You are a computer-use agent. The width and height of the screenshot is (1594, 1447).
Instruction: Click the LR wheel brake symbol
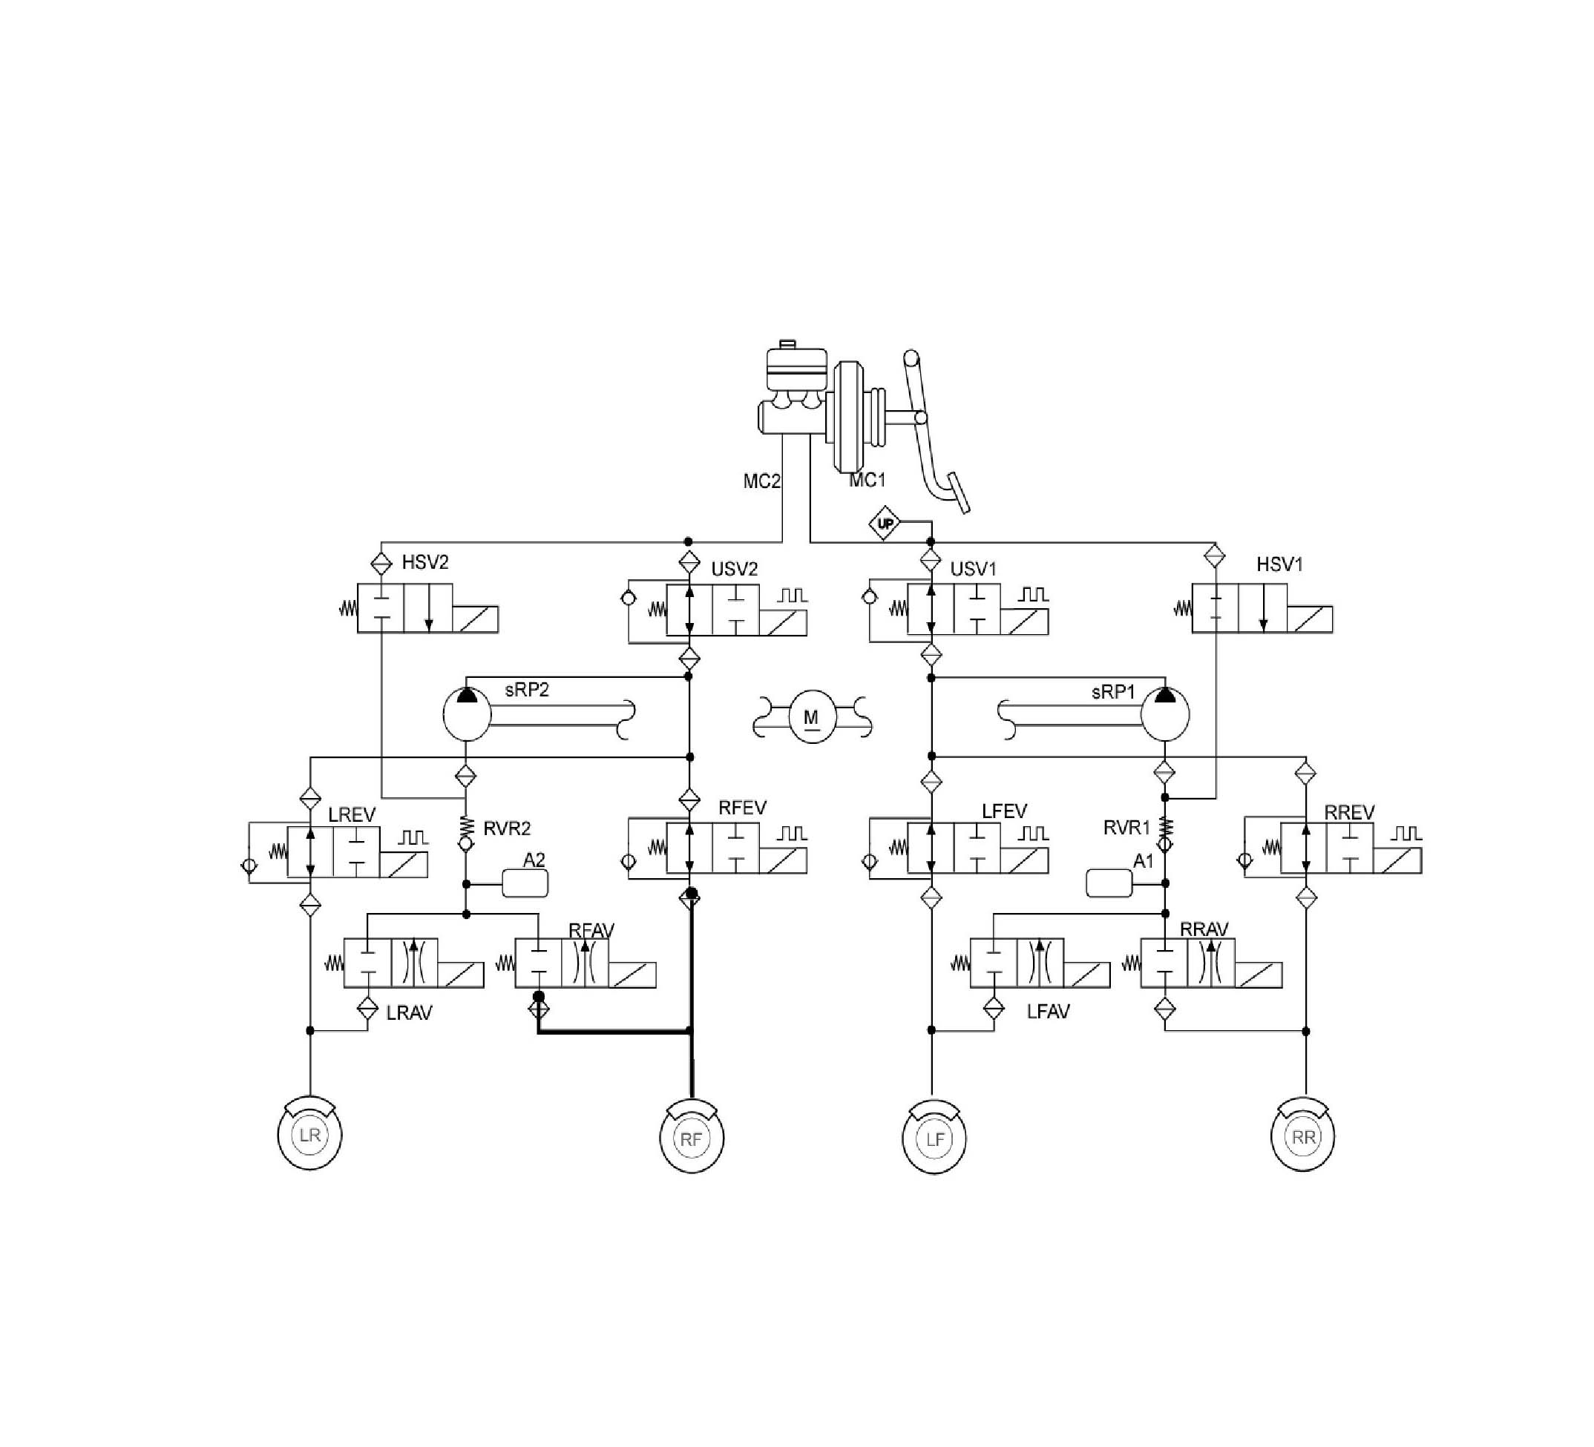point(310,1133)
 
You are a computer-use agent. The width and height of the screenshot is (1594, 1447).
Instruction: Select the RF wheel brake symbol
point(692,1136)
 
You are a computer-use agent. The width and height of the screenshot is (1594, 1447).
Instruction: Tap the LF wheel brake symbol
point(934,1138)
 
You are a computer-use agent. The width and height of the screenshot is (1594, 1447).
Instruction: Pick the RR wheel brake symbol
point(1303,1135)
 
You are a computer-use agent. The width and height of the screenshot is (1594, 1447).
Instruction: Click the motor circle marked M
point(811,716)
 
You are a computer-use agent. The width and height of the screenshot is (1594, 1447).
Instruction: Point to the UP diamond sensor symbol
point(885,523)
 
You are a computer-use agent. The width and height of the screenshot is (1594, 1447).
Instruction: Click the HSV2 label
point(425,562)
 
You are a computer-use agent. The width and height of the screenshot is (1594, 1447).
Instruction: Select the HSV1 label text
point(1279,564)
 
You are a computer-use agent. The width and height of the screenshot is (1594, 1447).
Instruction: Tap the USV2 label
point(735,569)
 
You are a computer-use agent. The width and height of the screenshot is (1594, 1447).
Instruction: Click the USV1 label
point(974,569)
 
